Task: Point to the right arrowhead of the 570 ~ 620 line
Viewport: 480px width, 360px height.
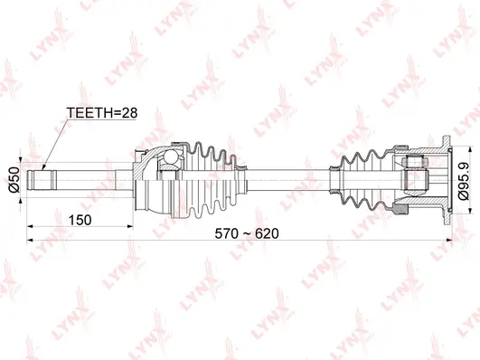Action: (450, 241)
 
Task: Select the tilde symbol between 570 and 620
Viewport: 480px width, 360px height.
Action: (246, 232)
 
